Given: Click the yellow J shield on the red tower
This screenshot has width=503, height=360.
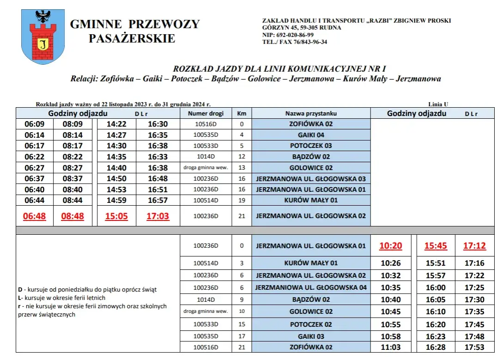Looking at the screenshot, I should tap(43, 44).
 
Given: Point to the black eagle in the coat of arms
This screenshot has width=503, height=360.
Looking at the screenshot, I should tap(43, 17).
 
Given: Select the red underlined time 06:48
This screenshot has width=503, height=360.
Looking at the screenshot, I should tap(35, 216).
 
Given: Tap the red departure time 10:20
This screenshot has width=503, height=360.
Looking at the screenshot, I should tap(391, 246).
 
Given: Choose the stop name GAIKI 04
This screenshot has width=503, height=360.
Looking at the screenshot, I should tap(311, 135).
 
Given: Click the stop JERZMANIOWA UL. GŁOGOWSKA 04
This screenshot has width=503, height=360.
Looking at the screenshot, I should tap(311, 287).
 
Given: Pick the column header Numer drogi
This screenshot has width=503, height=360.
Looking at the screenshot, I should tap(206, 113).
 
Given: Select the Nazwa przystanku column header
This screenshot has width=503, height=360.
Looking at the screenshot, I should tap(311, 113).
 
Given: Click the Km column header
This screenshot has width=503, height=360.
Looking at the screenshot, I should tap(242, 113).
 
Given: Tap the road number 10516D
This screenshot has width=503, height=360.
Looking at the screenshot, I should tap(206, 124).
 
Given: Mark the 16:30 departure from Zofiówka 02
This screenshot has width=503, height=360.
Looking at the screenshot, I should tap(158, 124).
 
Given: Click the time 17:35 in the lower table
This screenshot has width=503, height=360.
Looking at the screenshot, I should tap(474, 312).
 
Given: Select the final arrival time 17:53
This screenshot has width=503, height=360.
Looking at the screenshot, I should tap(474, 347).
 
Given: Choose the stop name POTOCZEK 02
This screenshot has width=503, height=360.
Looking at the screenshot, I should tap(311, 324).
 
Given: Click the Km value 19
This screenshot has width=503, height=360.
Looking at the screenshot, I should tap(242, 200).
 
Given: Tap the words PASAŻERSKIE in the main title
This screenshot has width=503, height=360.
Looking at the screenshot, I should tap(132, 39).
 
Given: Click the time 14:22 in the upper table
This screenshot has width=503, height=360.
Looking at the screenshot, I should tap(116, 124).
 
